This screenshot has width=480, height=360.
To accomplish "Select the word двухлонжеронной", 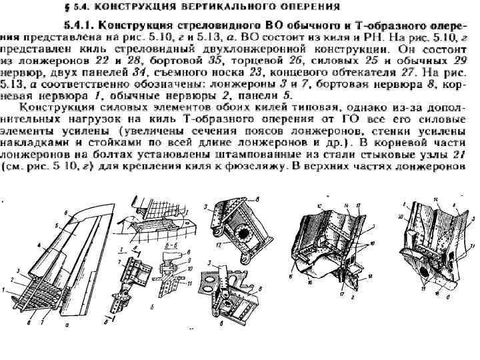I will (281, 51).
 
